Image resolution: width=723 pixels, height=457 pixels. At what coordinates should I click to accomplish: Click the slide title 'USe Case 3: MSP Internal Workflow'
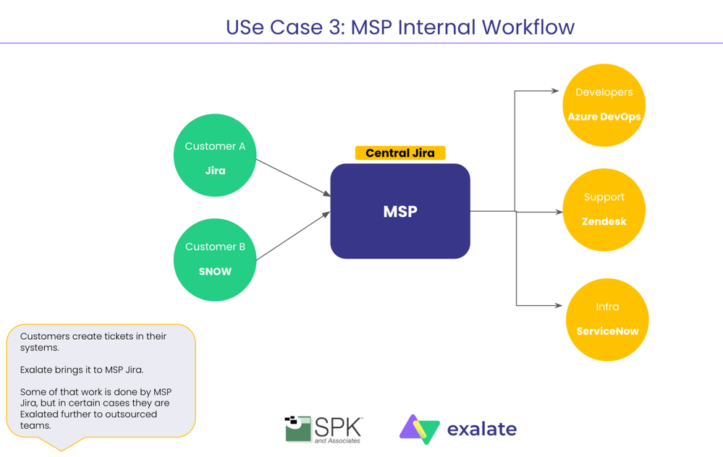coord(400,27)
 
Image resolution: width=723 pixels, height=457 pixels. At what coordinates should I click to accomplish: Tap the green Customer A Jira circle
coord(215,155)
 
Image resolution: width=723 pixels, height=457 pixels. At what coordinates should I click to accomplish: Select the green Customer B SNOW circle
coord(215,258)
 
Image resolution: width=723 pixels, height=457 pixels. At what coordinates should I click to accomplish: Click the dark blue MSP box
coord(400,211)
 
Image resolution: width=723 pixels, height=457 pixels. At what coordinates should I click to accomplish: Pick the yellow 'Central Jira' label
coord(400,153)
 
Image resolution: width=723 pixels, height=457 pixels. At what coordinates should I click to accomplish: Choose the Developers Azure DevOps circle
coord(604,104)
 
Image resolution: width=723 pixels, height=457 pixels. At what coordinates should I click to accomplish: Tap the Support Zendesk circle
coord(604,210)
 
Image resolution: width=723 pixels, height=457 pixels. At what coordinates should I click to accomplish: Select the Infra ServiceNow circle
coord(606,320)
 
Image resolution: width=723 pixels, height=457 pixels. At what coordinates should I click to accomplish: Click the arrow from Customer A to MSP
coord(293,178)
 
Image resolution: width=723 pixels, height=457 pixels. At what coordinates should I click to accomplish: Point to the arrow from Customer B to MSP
coord(293,236)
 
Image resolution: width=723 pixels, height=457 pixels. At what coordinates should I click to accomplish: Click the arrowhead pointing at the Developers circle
coord(555,91)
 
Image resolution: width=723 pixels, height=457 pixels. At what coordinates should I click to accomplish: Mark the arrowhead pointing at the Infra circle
coord(558,305)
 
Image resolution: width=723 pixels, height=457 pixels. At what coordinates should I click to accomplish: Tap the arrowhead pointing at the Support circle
coord(559,212)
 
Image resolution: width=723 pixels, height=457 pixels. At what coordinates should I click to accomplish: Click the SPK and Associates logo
coord(324,429)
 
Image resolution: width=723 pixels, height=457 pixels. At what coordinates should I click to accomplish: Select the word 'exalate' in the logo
coord(481,430)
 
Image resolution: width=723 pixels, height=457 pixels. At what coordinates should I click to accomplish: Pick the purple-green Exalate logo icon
coord(419,429)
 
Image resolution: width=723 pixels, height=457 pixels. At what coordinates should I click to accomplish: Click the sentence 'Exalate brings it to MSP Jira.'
coord(82,370)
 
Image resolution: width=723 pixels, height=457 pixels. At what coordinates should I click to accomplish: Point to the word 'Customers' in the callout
coord(43,336)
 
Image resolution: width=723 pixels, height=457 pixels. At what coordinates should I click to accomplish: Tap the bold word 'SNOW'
coord(215,272)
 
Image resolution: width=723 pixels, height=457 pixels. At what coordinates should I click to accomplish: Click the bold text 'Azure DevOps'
coord(604,116)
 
